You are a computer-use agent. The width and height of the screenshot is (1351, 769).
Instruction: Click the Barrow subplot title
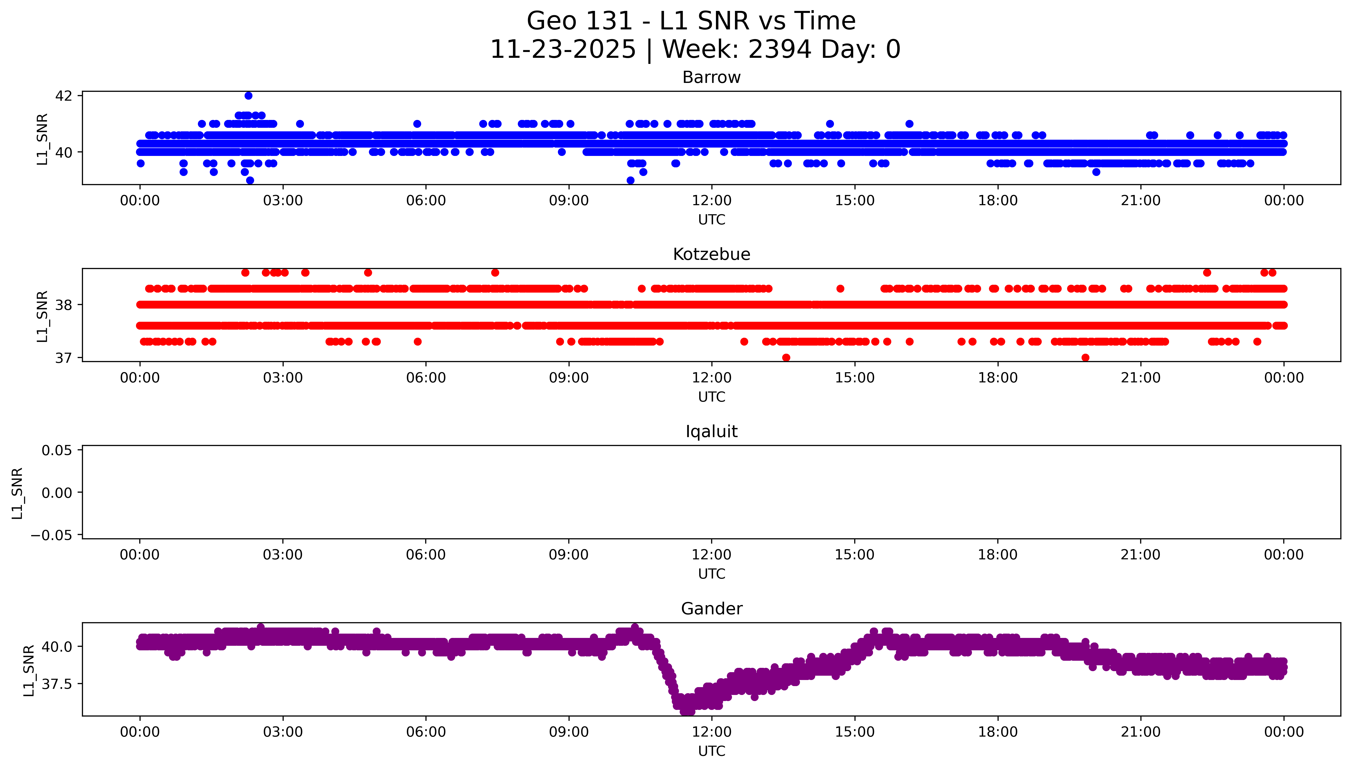(711, 78)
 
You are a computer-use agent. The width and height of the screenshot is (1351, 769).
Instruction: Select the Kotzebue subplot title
(711, 255)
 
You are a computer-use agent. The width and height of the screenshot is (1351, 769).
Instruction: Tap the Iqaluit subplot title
(711, 432)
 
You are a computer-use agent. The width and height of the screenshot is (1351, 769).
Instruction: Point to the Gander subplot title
(711, 609)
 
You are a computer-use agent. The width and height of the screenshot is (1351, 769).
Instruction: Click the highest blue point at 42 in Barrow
(248, 96)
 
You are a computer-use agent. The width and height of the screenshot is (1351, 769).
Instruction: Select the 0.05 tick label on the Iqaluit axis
(57, 451)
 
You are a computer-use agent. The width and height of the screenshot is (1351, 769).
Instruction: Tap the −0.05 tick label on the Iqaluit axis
(51, 535)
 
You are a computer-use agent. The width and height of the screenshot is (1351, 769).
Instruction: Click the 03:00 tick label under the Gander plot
(283, 732)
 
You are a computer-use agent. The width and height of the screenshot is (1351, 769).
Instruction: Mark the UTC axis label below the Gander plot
(711, 751)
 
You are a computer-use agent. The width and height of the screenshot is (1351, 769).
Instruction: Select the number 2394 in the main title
(779, 50)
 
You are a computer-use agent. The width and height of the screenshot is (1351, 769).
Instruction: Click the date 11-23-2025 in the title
(563, 50)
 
